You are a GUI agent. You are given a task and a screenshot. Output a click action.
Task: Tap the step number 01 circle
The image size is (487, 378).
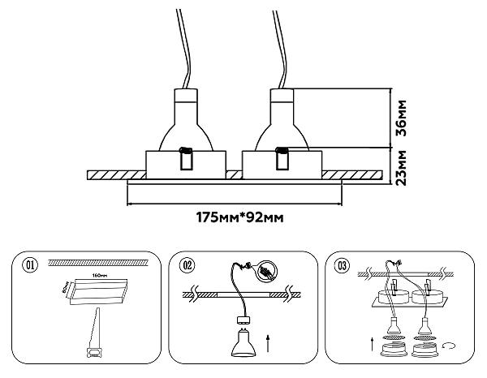pos(31,264)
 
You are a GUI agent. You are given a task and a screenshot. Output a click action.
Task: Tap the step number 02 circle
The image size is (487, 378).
pos(187,264)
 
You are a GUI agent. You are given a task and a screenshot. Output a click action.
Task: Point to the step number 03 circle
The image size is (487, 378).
pos(340,264)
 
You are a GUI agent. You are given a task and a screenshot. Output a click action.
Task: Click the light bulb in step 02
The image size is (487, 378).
pos(241,337)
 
